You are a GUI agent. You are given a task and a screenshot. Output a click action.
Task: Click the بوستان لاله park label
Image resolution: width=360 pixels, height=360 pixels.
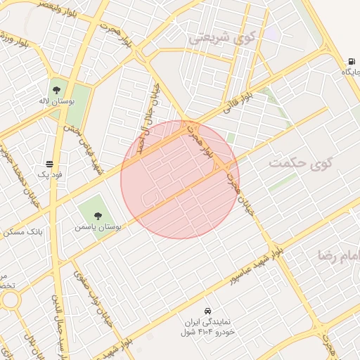(56, 103)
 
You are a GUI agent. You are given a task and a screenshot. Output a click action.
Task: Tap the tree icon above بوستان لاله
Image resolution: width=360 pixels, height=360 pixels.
(56, 90)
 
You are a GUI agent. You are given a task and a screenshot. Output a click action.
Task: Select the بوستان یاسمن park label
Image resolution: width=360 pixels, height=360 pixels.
(98, 228)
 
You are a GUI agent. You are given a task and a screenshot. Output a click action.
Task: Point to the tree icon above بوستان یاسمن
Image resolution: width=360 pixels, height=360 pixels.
(97, 216)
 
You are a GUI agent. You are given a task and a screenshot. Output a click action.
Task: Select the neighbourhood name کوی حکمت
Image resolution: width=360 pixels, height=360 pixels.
(299, 163)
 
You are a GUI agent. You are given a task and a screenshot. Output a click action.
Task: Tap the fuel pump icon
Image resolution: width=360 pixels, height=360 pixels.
(350, 60)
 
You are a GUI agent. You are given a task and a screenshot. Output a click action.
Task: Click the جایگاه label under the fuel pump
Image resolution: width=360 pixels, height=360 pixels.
(351, 72)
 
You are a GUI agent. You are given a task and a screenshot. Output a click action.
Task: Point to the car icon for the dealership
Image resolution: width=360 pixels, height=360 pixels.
(207, 311)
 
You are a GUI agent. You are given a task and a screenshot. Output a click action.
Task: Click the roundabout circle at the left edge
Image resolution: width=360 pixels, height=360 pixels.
(9, 300)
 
